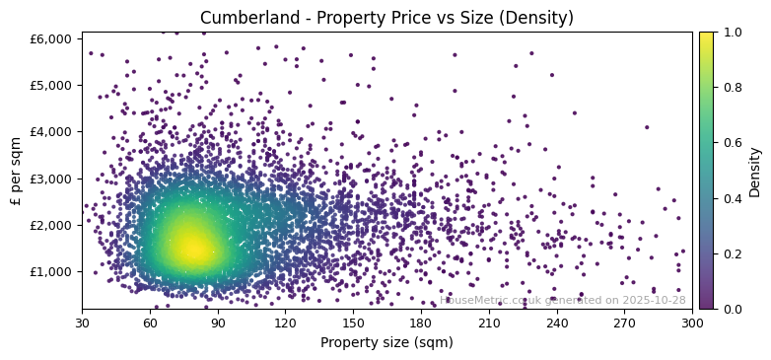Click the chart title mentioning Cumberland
click(x=386, y=18)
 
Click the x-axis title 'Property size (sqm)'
click(x=386, y=343)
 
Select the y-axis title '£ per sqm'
click(x=16, y=171)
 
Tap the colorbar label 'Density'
click(x=755, y=171)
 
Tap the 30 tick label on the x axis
click(x=83, y=323)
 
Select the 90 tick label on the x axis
click(x=218, y=323)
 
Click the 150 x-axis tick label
click(x=353, y=323)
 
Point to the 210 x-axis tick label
click(x=489, y=323)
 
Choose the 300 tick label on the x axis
click(x=692, y=323)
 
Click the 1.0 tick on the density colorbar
click(x=731, y=33)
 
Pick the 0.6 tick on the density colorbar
click(x=731, y=143)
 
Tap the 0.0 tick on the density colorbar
click(x=731, y=309)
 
